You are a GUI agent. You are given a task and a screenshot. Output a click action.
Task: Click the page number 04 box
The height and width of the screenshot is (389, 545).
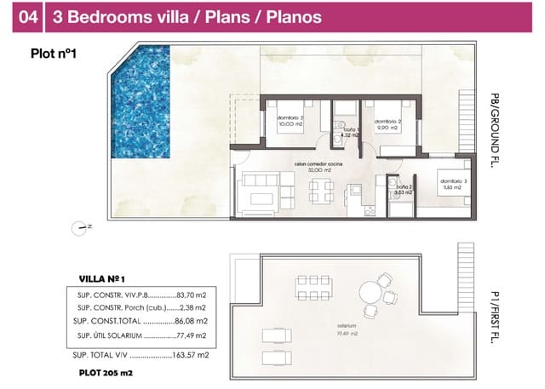click(x=30, y=16)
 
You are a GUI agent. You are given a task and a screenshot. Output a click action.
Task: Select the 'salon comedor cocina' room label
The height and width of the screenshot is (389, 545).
click(x=308, y=164)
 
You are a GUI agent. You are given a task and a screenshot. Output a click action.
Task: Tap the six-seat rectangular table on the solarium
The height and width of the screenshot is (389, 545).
click(x=313, y=286)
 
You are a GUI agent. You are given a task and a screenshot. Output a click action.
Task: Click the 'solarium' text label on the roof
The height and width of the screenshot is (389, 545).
click(x=345, y=326)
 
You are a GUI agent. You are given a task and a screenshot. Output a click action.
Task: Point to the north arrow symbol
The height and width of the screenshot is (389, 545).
click(x=82, y=226)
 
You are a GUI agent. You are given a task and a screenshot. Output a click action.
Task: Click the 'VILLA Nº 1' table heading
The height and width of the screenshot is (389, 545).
click(x=102, y=278)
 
